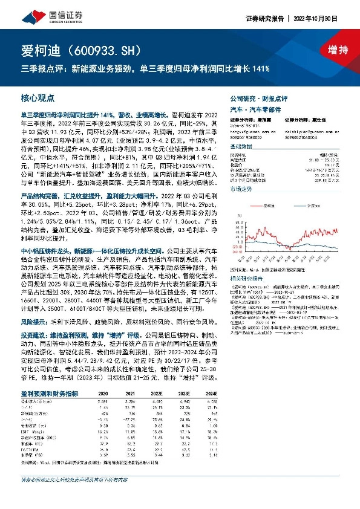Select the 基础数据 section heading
click(x=243, y=147)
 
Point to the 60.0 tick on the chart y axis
click(x=236, y=213)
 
